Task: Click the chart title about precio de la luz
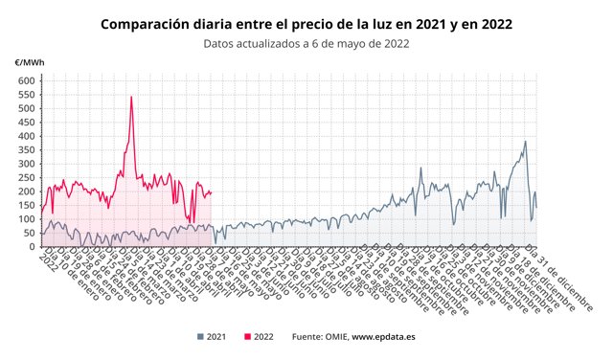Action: click(306, 23)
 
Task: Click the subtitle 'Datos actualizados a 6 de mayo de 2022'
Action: click(306, 43)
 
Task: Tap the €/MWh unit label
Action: click(28, 63)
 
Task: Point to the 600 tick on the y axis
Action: click(26, 81)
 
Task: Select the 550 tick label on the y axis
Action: click(26, 95)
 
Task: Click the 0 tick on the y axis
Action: click(32, 247)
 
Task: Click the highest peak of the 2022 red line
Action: click(131, 97)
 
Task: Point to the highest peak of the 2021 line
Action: click(525, 143)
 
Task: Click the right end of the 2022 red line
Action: click(212, 192)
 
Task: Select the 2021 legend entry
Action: click(212, 337)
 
